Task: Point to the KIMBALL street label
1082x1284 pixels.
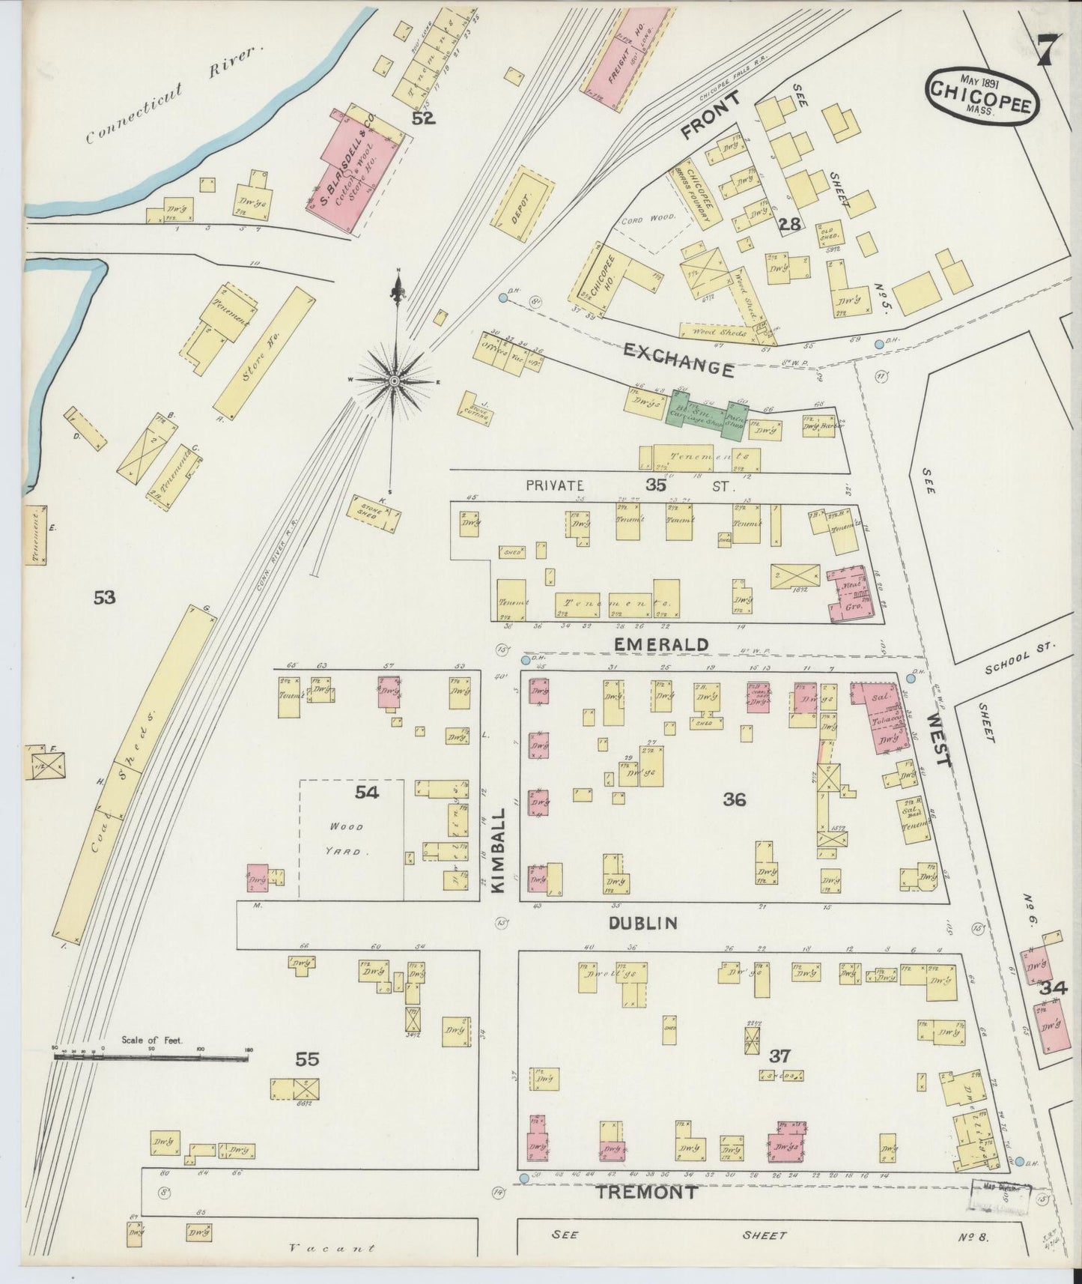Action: click(500, 849)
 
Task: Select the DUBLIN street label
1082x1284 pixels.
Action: click(642, 923)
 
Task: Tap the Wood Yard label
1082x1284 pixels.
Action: click(346, 838)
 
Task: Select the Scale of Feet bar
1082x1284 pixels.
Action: click(151, 1057)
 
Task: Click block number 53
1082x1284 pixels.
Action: click(105, 597)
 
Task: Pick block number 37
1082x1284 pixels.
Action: click(779, 1056)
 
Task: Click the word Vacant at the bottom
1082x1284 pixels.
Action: click(331, 1248)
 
